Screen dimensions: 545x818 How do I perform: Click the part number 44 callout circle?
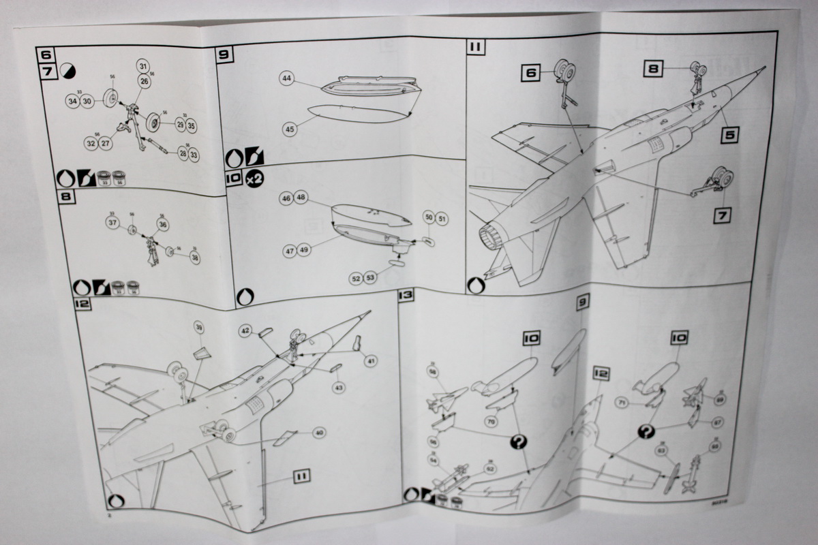(x=286, y=79)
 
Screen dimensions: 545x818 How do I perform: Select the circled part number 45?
(x=290, y=127)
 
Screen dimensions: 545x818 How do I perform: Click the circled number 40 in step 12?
(x=318, y=433)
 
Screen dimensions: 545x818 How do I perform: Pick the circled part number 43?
(x=339, y=388)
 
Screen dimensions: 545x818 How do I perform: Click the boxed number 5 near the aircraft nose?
(x=730, y=135)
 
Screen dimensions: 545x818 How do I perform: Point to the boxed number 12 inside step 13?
(x=601, y=373)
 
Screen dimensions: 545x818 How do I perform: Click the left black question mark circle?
(x=519, y=442)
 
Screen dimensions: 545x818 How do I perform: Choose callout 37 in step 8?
(x=112, y=222)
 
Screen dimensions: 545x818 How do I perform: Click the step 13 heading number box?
(x=405, y=296)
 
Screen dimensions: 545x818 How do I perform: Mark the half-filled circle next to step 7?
(x=67, y=69)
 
